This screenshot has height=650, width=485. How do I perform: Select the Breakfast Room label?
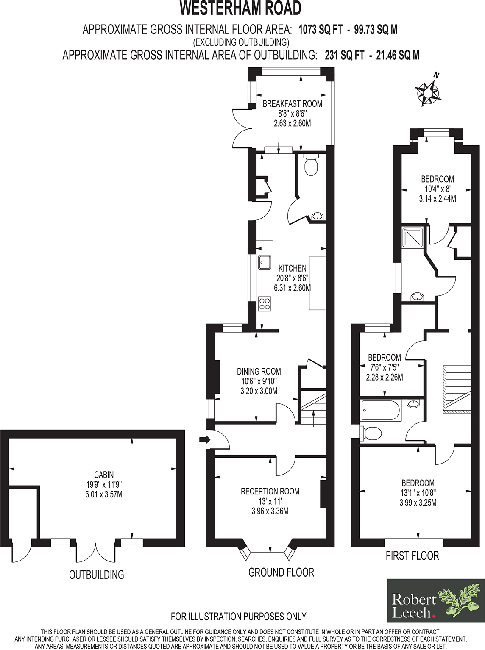(x=292, y=104)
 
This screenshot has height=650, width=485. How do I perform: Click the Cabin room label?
(x=104, y=475)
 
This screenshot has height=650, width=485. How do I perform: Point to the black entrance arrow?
(x=204, y=440)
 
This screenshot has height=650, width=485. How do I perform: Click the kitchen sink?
(x=265, y=262)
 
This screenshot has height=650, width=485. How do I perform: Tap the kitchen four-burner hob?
(x=265, y=304)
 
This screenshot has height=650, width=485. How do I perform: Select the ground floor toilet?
(x=311, y=166)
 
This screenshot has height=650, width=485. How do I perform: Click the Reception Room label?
(x=270, y=492)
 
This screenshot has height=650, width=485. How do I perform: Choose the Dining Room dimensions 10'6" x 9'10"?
(x=259, y=381)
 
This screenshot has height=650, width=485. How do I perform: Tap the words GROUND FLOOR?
(x=281, y=573)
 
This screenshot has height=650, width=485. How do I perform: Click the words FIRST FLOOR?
(x=412, y=556)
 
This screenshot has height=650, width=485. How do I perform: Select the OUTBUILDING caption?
(x=97, y=575)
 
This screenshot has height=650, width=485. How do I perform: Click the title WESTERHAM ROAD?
(x=240, y=8)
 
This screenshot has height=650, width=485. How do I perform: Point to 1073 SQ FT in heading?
(x=321, y=30)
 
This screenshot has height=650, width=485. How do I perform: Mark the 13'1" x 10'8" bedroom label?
(x=418, y=493)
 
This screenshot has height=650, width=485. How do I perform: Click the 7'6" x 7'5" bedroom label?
(x=384, y=367)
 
